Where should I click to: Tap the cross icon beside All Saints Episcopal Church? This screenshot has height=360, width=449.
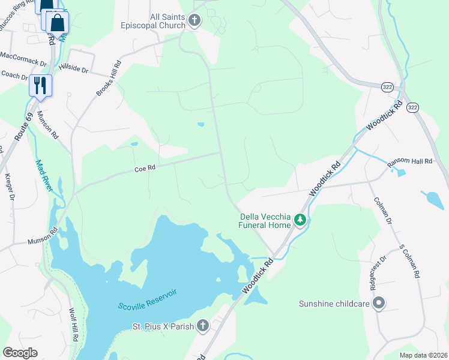[194, 22]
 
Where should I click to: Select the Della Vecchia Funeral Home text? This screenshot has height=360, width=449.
[265, 221]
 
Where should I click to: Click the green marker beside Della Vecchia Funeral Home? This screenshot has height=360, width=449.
[301, 221]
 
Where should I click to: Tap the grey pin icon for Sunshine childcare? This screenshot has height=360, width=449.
[378, 304]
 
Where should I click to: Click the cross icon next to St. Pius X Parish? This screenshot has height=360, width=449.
[203, 326]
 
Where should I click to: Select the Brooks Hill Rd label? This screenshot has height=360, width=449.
[109, 78]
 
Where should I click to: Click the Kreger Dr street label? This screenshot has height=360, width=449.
[8, 187]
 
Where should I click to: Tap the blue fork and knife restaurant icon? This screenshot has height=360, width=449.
[40, 85]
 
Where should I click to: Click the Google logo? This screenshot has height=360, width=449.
[20, 353]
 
